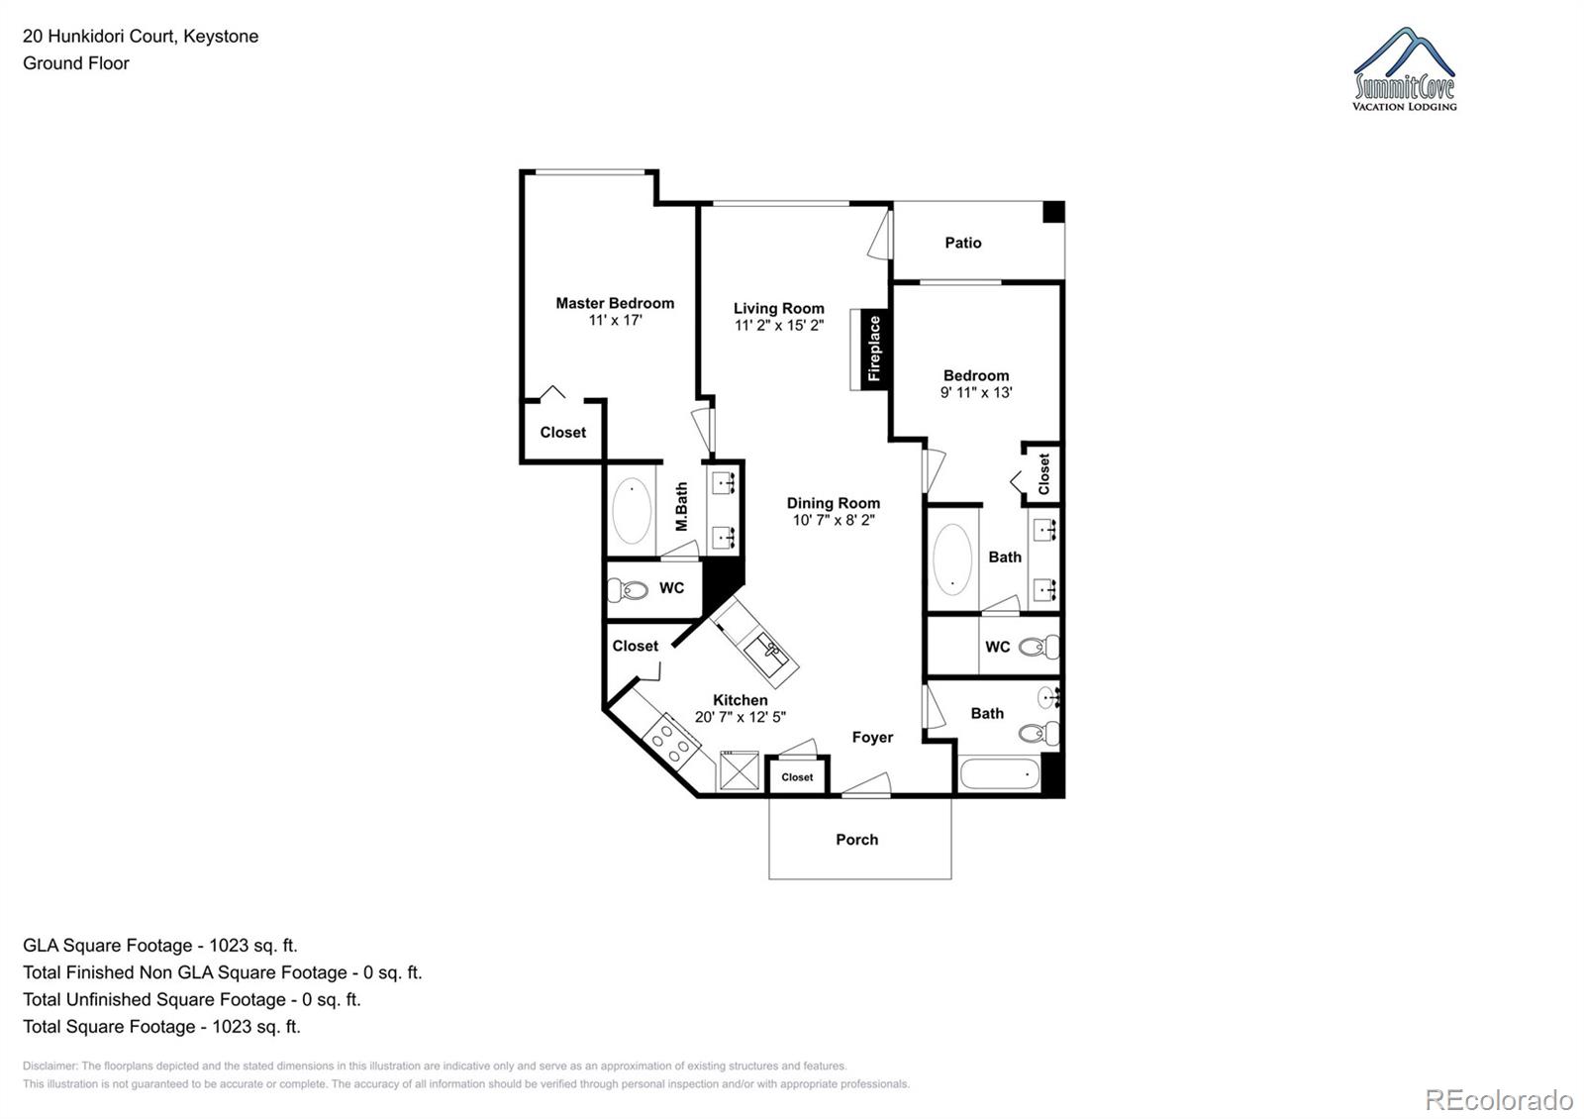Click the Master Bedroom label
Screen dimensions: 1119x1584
615,303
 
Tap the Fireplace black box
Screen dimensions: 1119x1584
874,349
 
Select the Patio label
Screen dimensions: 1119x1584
962,243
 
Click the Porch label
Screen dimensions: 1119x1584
856,840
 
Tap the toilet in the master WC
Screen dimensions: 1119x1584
628,590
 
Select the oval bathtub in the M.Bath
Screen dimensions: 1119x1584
632,511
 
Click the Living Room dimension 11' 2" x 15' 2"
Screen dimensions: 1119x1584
778,325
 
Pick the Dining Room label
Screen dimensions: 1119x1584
833,503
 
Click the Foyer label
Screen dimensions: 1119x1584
872,738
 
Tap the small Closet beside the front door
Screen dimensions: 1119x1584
797,777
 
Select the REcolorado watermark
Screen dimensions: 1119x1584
1498,1099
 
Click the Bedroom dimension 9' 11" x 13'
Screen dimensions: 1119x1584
975,392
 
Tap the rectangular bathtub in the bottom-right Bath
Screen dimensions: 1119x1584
999,774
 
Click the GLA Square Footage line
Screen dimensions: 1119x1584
160,946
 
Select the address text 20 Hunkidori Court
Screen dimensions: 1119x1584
141,37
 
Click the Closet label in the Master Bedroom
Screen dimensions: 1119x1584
562,433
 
